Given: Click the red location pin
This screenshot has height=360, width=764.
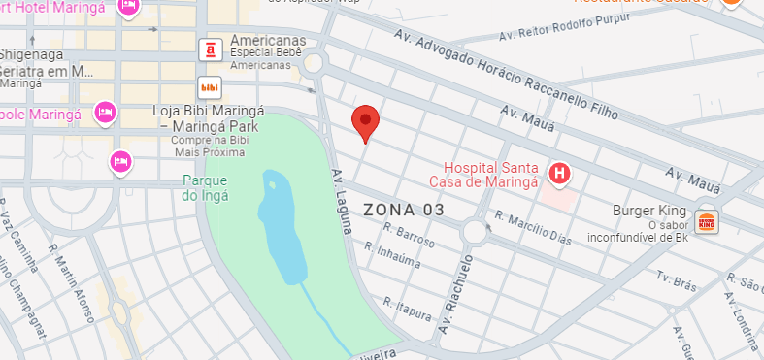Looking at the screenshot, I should [x=365, y=121].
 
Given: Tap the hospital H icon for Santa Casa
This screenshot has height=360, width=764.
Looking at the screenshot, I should [x=559, y=174].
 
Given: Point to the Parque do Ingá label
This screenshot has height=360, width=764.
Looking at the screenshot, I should [x=205, y=187].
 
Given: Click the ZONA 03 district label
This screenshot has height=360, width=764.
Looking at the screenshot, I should [x=404, y=210].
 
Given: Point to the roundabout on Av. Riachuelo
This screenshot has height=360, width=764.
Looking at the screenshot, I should [x=476, y=232].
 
